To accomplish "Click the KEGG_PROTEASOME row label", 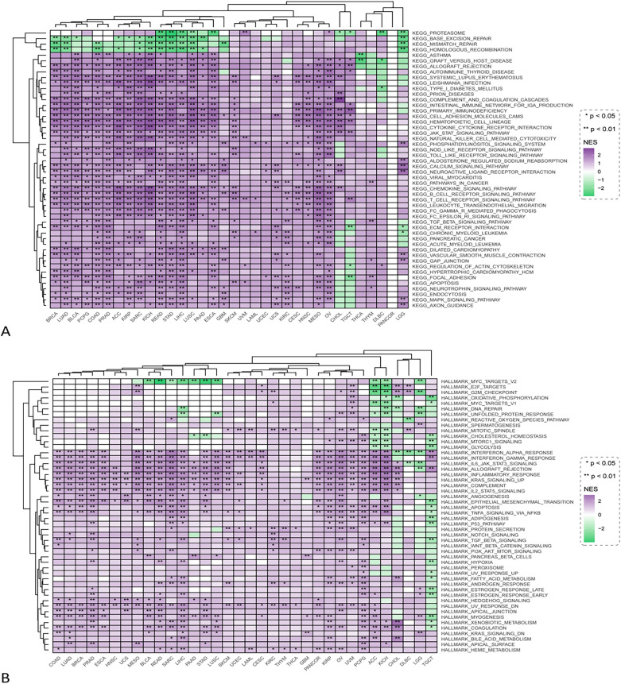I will pos(441,32).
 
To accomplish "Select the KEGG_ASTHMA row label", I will pos(434,54).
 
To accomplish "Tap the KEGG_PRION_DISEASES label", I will pos(441,93).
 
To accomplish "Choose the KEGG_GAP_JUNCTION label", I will pos(441,260).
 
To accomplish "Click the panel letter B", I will pos(8,677).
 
